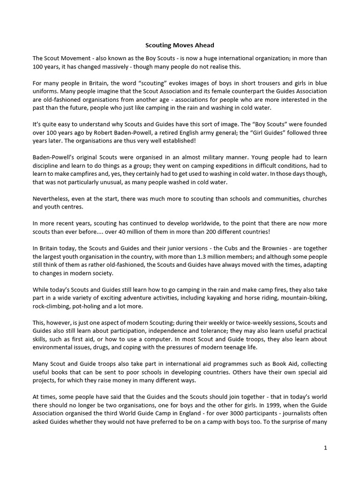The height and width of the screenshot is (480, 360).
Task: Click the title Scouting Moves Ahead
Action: tap(180, 46)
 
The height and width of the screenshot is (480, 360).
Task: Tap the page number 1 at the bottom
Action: tap(325, 448)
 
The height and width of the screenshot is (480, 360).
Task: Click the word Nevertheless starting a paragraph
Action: tap(55, 198)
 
